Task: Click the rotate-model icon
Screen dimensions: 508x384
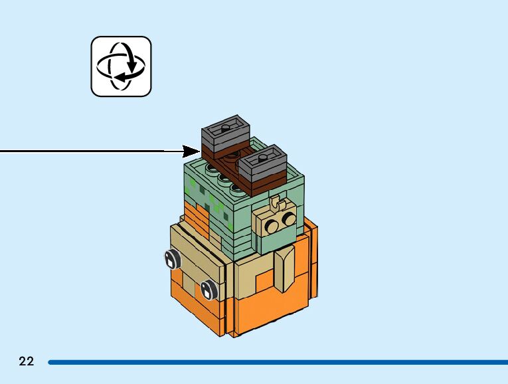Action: click(121, 66)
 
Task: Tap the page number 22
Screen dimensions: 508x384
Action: click(27, 361)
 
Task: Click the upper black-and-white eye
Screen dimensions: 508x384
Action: click(173, 259)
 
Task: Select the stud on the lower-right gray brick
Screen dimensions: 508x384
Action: click(264, 155)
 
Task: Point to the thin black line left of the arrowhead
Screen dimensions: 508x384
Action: click(86, 151)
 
